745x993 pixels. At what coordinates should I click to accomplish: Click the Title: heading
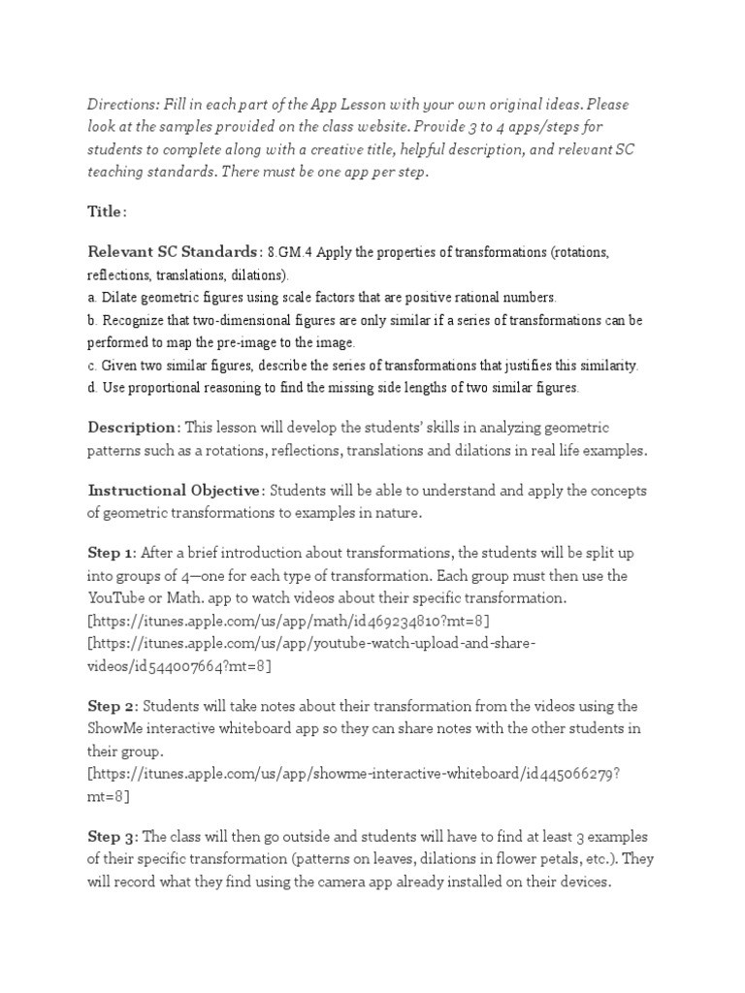107,211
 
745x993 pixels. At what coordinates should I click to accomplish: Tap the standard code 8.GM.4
291,253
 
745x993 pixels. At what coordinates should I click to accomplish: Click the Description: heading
134,428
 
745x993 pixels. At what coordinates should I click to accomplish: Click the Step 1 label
112,553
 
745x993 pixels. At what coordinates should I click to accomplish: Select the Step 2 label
113,706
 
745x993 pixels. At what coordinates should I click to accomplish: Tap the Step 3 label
113,836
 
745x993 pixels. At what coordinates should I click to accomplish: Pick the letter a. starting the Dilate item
93,298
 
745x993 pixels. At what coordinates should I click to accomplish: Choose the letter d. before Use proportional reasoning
93,388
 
